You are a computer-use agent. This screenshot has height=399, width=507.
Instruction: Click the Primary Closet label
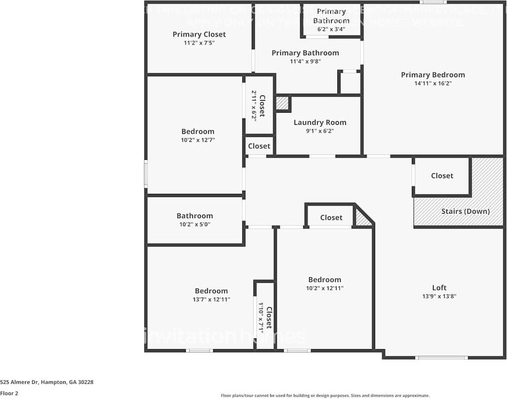pos(199,35)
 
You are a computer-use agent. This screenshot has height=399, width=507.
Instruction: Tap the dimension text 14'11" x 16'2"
pos(433,83)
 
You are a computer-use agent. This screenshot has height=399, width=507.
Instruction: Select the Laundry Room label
pos(320,123)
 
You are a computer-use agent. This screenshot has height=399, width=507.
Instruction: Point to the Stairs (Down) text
pos(465,211)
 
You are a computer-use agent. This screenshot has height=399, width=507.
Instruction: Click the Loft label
pos(439,288)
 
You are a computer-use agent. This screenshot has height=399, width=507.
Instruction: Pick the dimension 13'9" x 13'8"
pos(439,296)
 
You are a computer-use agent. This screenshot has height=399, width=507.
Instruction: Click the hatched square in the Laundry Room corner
pos(282,103)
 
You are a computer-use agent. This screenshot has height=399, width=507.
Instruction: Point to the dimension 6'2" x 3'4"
pos(331,29)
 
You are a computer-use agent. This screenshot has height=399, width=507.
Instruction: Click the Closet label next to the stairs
pos(442,176)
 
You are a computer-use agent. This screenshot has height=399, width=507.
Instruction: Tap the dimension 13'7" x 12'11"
pos(211,299)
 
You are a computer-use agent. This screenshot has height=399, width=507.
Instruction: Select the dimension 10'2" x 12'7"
pos(198,140)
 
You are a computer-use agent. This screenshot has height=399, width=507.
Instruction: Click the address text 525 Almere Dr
pos(47,382)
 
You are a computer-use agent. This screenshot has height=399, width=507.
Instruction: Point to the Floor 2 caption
pos(9,394)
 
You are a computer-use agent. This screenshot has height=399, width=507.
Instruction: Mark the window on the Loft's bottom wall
pos(441,358)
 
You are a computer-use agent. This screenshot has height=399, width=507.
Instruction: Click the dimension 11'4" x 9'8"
pos(305,61)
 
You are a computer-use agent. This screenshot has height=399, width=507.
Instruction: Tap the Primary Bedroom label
pos(433,75)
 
